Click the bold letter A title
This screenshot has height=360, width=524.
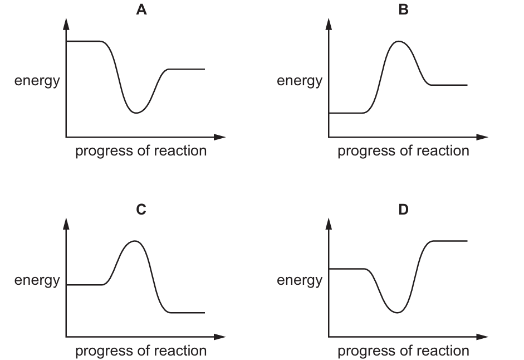(141, 9)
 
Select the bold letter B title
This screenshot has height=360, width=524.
(403, 9)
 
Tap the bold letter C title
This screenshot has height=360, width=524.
(141, 210)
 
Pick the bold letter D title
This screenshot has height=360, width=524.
(403, 210)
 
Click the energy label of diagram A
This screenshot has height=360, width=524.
(37, 81)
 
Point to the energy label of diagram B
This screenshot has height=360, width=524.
(300, 81)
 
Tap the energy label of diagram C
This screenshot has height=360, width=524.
(37, 281)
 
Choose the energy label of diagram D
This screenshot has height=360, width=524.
(300, 281)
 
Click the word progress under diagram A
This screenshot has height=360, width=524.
(104, 152)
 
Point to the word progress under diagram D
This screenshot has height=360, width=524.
(366, 352)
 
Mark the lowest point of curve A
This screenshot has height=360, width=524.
(136, 113)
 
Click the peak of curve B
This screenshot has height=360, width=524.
(398, 41)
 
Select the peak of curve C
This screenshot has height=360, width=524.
(135, 241)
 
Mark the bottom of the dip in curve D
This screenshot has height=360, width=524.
(397, 313)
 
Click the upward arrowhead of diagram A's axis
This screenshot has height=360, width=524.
(66, 23)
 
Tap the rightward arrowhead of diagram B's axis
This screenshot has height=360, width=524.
(482, 137)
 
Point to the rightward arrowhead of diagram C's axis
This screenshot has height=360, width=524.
(219, 337)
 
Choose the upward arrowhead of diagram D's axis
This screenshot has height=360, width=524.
(329, 223)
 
